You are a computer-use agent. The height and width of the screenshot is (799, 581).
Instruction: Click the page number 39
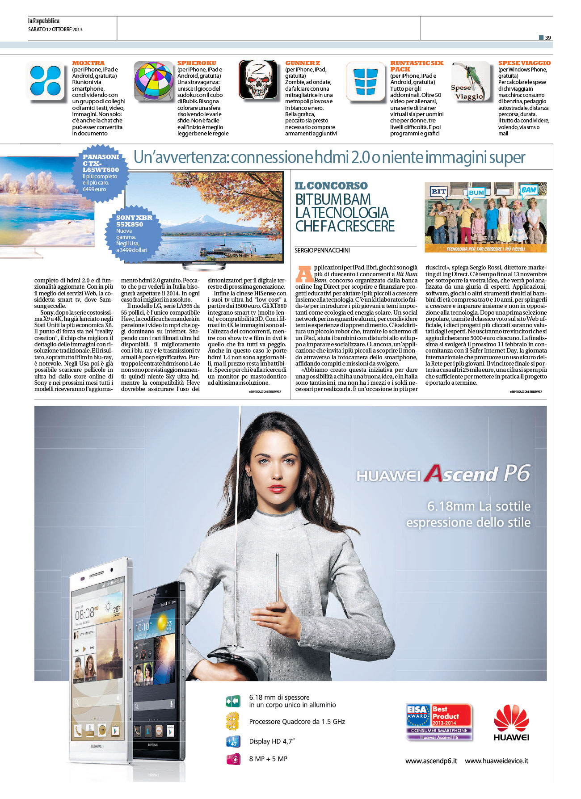coord(547,38)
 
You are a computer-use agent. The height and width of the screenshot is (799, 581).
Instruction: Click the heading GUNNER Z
coord(303,63)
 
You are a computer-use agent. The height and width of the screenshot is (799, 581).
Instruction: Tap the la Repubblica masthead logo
coord(43,21)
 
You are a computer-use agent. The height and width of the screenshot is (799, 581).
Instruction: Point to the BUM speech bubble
coord(476,193)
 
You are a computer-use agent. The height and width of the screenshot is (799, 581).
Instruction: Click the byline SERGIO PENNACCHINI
coord(322,250)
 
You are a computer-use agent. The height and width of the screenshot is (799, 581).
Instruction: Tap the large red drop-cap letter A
coord(304,273)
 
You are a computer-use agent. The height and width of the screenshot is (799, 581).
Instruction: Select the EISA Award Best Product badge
coord(439,722)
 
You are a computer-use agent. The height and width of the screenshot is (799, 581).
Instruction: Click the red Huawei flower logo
coord(511,718)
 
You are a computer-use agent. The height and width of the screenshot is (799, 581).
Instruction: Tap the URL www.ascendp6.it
coord(431,761)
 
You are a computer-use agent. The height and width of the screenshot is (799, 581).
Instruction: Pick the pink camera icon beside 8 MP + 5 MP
coord(233,759)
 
